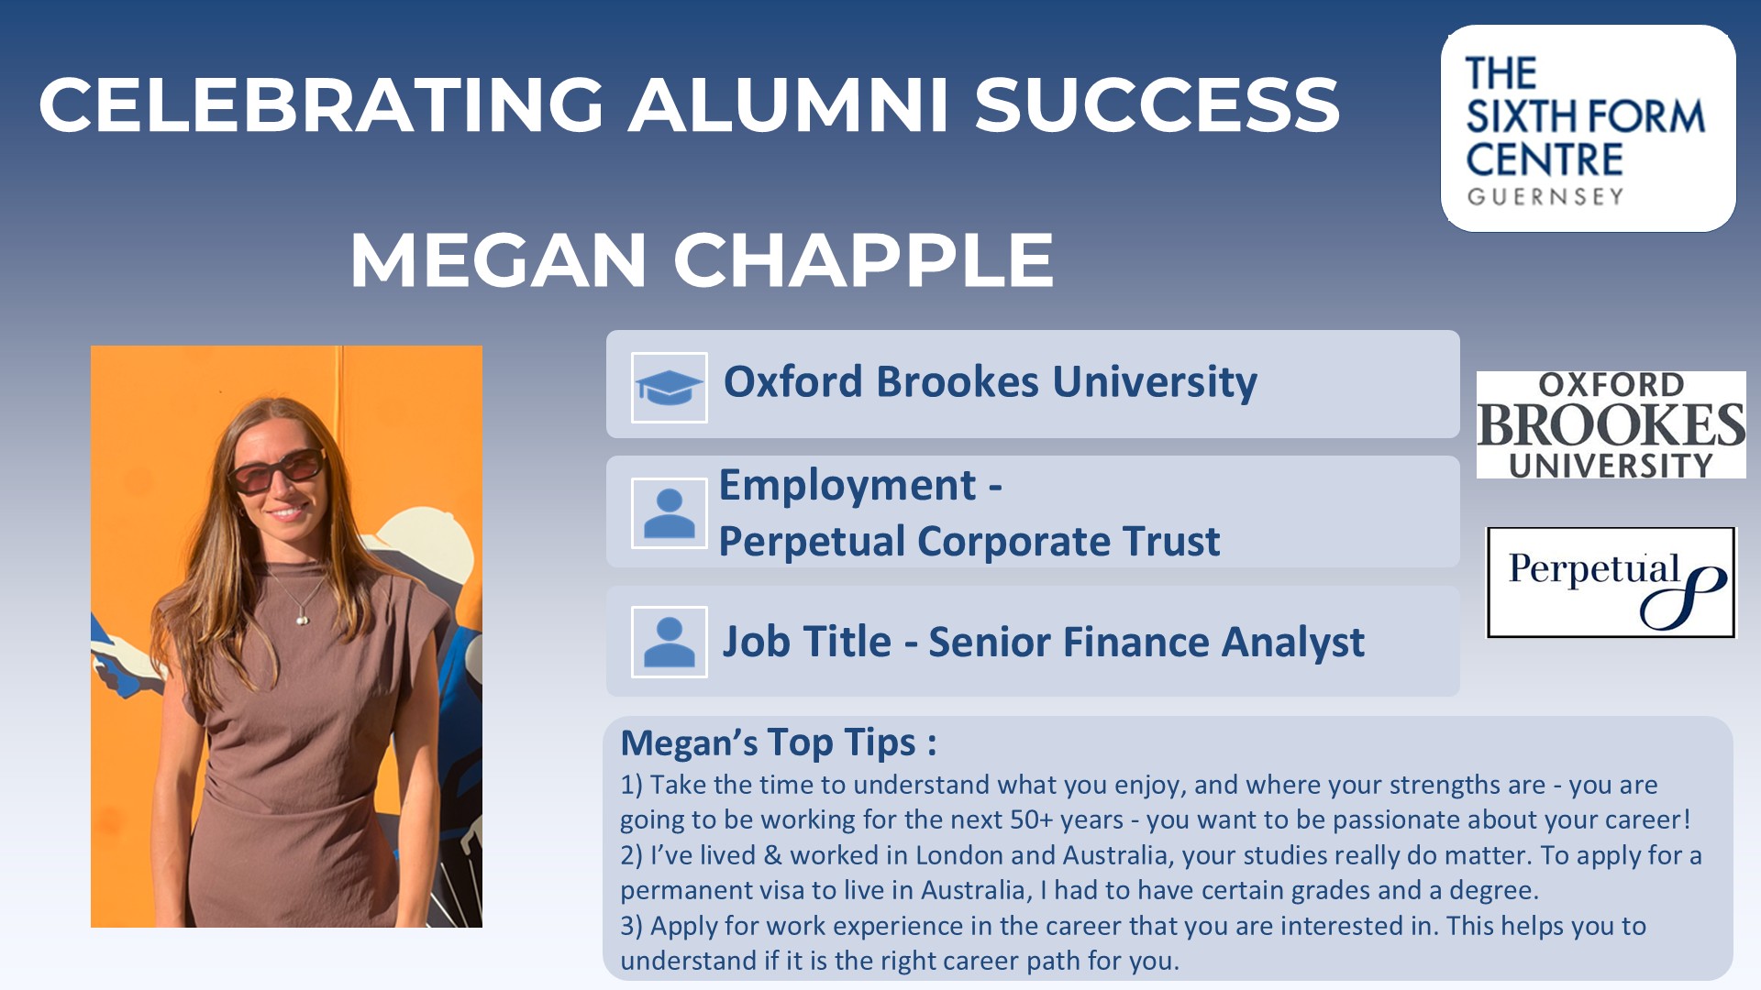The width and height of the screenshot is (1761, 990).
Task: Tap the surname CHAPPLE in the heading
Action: tap(863, 260)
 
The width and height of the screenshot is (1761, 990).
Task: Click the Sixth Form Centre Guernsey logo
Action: tap(1588, 128)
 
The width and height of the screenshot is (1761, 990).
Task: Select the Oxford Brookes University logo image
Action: tap(1611, 424)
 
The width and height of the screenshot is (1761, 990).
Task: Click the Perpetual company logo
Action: tap(1611, 582)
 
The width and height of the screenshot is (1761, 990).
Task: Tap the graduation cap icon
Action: tap(670, 388)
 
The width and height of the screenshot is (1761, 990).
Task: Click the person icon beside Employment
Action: tap(670, 513)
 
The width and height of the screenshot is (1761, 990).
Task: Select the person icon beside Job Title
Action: tap(670, 642)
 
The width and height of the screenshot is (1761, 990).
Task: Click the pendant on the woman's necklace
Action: tap(302, 620)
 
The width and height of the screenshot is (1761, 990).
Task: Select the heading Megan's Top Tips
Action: tap(779, 742)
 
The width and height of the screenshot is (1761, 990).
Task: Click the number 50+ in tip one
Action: tap(1031, 819)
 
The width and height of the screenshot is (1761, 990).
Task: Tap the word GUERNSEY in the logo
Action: tap(1545, 196)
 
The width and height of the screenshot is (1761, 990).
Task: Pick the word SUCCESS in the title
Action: tap(1157, 104)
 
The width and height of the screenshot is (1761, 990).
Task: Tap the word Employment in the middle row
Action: tap(847, 486)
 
